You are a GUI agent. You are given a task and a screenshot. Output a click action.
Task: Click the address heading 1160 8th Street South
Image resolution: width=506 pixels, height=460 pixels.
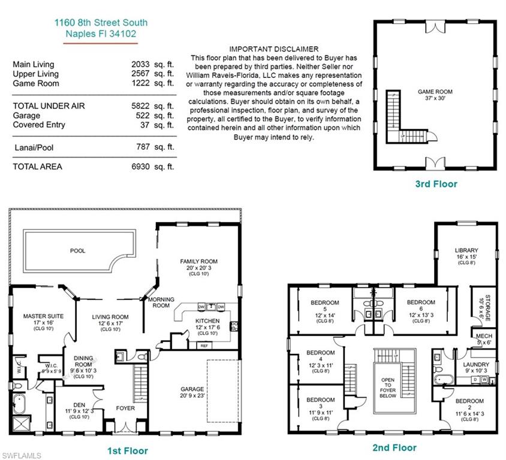point(101,23)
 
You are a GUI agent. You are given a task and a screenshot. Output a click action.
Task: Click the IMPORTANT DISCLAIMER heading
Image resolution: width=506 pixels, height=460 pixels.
point(274,49)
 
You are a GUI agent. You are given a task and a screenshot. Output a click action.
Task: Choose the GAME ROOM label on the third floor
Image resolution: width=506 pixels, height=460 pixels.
point(435,92)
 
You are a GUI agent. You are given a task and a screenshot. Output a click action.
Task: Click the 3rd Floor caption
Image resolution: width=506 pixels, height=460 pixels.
point(436,184)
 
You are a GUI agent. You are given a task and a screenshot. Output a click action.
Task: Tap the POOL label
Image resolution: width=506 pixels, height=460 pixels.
point(78,250)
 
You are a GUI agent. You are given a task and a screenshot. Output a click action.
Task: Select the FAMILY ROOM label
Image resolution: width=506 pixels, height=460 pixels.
point(198,261)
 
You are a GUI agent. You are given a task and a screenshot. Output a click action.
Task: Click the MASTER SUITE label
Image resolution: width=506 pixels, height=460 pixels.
point(43,316)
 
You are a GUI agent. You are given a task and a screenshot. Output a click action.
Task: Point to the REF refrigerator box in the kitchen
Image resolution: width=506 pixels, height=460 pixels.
point(204,345)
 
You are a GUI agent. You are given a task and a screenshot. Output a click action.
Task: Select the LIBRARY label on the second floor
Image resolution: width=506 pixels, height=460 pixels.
point(466,250)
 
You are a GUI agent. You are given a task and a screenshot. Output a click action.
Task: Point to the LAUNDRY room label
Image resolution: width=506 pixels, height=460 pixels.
point(476,364)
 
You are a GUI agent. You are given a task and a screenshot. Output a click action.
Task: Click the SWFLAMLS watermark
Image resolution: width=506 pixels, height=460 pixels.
point(22,455)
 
